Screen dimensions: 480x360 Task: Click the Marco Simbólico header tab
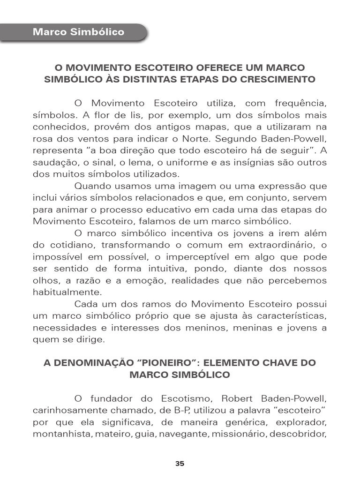(x=78, y=32)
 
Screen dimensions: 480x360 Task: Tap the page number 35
(x=180, y=464)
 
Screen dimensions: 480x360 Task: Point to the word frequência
(x=300, y=103)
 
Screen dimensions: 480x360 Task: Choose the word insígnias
(x=256, y=162)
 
